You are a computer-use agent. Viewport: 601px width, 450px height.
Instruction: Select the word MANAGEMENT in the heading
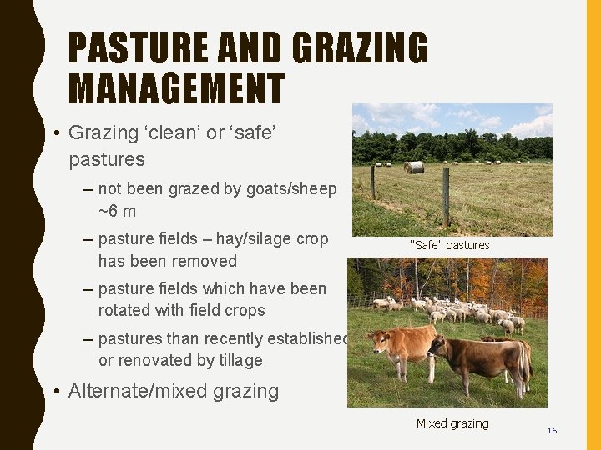coord(176,88)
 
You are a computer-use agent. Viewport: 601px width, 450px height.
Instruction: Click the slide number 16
coord(551,430)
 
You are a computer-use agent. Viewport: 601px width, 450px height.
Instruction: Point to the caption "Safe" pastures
coord(449,245)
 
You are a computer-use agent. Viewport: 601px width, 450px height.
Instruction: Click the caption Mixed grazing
coord(452,423)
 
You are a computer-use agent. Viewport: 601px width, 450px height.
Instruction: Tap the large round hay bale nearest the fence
coord(413,167)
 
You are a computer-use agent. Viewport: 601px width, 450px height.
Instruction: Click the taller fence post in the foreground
coord(446,197)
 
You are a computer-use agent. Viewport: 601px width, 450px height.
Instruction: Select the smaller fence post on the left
coord(372,181)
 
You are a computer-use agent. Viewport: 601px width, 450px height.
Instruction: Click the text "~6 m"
coord(117,212)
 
